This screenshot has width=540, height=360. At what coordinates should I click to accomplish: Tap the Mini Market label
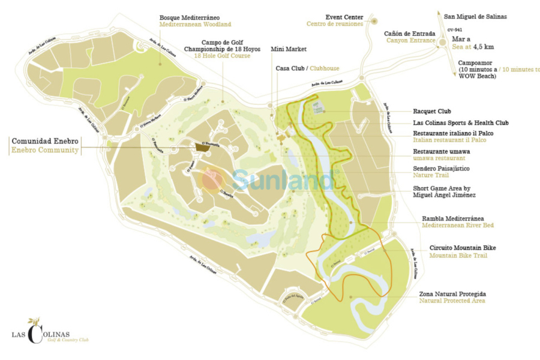(289, 49)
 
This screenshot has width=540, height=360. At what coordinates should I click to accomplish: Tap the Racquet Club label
(432, 112)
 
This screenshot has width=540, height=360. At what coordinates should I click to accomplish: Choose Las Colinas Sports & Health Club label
(461, 123)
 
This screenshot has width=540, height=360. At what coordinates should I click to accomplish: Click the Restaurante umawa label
(441, 151)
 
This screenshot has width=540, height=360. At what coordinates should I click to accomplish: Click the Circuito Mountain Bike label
(463, 248)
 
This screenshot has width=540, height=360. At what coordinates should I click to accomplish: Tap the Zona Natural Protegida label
(452, 294)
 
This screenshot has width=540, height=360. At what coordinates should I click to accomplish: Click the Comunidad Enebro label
(45, 142)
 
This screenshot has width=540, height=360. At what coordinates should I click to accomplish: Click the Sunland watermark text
(282, 180)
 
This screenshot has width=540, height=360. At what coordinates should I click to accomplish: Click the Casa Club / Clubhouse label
(307, 68)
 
